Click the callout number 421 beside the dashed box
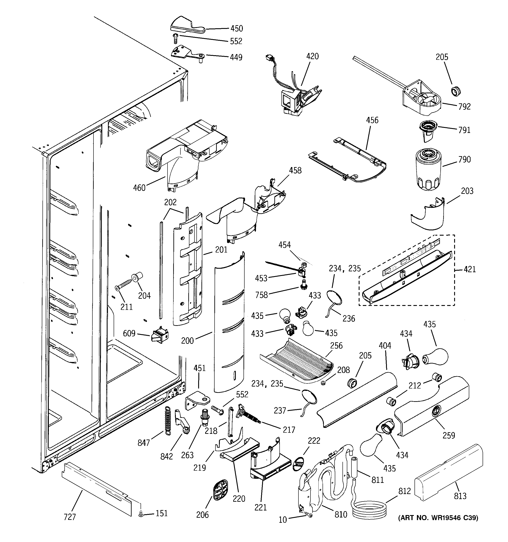point(469,269)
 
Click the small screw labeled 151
point(141,514)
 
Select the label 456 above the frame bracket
point(372,120)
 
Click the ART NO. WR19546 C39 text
point(438,518)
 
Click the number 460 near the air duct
point(139,188)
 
